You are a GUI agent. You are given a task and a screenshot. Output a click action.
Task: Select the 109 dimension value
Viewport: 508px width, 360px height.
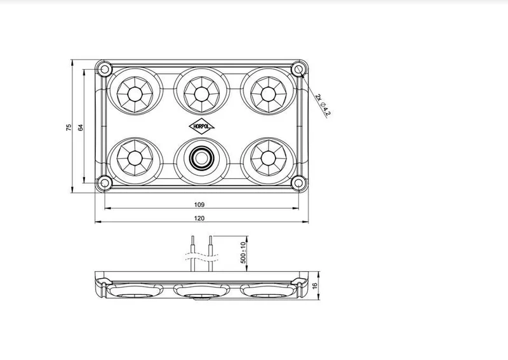point(199,204)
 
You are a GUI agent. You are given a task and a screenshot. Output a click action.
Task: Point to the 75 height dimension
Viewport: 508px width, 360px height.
point(69,127)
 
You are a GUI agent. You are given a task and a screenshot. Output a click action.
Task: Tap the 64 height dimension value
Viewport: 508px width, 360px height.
point(81,127)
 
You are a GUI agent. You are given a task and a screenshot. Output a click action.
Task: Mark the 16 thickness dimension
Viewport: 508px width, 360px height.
point(316,288)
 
